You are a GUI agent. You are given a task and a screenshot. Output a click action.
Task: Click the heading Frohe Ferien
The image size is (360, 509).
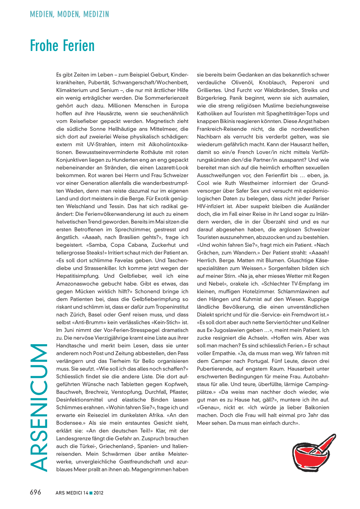pos(62,46)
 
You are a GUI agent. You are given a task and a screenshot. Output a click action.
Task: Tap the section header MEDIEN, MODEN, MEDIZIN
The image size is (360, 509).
pos(70,14)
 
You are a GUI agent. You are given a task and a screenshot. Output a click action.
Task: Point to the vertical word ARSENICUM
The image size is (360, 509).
pos(39,407)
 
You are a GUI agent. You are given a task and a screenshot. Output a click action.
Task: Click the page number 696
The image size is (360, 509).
pos(36,492)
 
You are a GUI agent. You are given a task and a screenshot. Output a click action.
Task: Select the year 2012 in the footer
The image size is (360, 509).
pos(98,493)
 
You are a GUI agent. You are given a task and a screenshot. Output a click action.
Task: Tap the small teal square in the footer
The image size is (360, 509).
pos(91,493)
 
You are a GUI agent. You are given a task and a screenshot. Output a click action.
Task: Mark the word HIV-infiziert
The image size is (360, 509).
pos(213,206)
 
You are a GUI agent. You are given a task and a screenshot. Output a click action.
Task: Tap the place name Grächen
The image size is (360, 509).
pos(209,253)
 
